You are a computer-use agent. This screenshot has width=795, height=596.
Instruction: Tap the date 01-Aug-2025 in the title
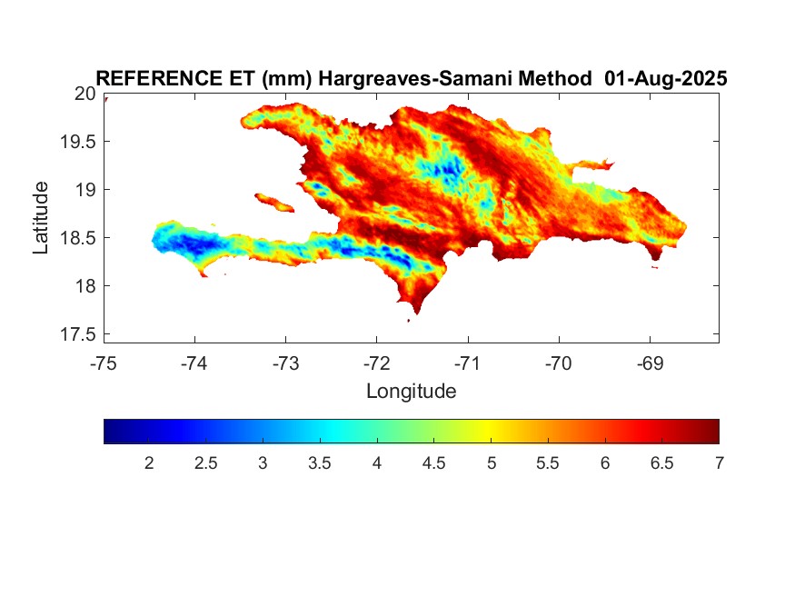[666, 78]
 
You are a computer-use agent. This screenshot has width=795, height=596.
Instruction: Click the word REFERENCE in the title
[159, 78]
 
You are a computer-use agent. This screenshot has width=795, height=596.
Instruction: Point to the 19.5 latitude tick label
[78, 142]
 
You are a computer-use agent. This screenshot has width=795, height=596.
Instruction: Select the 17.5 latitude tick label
[78, 334]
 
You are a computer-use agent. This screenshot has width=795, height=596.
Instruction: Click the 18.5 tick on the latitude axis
[78, 238]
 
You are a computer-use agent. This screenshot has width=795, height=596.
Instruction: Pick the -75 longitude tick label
[104, 363]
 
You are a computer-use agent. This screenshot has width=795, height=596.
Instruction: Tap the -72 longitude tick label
[377, 363]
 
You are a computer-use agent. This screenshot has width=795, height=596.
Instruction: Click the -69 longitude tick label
[650, 363]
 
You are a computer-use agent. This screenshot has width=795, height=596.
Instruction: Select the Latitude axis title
[41, 218]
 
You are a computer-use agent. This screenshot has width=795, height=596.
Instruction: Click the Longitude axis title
[412, 392]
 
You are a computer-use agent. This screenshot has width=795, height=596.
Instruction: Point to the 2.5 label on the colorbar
[205, 463]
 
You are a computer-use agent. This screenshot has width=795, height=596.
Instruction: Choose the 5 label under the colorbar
[492, 463]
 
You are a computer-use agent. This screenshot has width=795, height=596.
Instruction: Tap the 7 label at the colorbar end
[719, 463]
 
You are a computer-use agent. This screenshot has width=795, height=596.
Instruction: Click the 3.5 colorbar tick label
[320, 463]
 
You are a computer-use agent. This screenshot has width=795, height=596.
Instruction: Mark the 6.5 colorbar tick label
[661, 463]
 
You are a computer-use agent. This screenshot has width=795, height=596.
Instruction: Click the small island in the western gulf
[274, 203]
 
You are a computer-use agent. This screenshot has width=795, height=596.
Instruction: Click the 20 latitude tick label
[85, 94]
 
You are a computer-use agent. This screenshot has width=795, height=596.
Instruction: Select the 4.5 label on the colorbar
[433, 463]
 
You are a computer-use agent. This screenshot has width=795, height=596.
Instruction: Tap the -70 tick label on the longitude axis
[559, 363]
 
